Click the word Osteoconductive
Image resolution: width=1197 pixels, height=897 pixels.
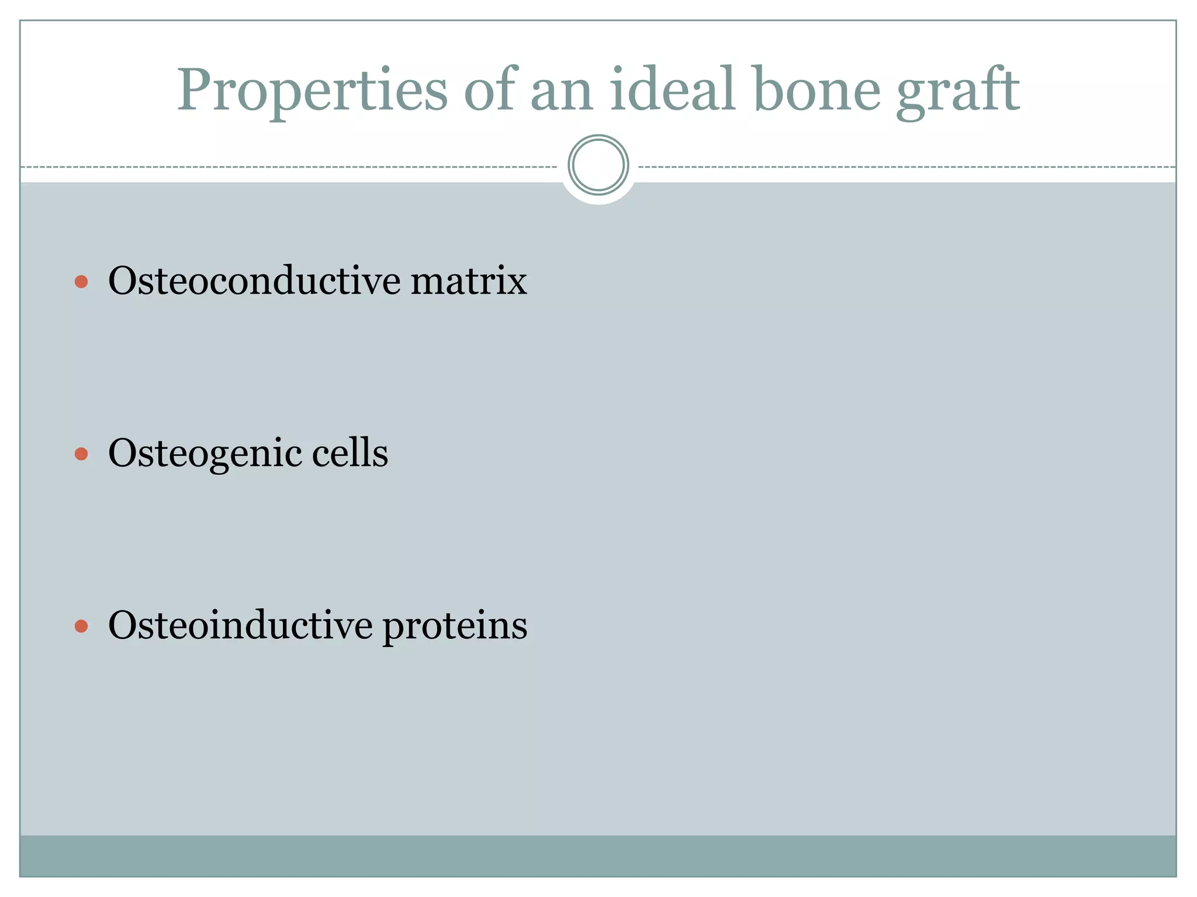(x=254, y=281)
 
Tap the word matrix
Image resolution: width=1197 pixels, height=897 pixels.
(x=469, y=281)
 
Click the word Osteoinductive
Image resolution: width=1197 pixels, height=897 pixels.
(x=240, y=625)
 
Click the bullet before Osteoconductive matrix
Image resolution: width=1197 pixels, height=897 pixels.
(x=81, y=283)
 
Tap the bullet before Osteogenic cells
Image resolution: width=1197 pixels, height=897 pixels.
(x=81, y=454)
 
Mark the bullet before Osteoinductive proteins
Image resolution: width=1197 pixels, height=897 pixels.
(x=81, y=627)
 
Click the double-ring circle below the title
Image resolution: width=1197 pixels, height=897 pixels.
(x=598, y=165)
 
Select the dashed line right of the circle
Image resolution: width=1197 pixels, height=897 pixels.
(x=906, y=167)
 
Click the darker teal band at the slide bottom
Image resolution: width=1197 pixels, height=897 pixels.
(x=598, y=856)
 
